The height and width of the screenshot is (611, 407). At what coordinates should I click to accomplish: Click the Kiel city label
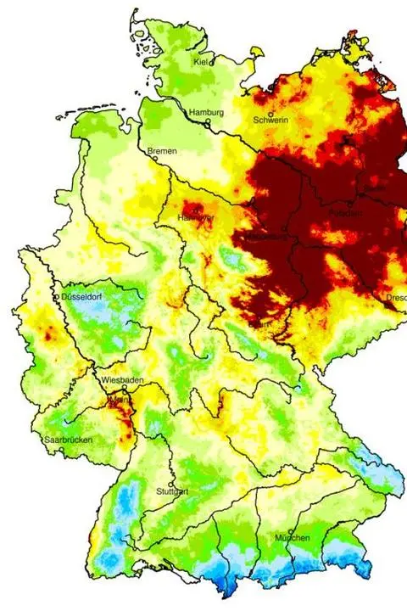201,62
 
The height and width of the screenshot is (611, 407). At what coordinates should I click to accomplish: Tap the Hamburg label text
207,112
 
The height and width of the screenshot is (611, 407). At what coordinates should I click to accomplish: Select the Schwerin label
271,121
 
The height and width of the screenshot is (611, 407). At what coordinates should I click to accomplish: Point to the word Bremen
162,151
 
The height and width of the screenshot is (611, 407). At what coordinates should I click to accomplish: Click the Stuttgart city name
172,491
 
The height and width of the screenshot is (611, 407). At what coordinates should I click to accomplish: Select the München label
292,539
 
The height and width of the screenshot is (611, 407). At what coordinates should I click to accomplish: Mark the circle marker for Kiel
212,62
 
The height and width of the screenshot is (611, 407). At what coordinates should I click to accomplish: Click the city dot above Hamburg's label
206,122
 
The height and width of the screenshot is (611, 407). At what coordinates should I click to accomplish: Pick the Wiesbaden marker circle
124,389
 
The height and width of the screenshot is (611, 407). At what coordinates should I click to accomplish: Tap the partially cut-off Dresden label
395,298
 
